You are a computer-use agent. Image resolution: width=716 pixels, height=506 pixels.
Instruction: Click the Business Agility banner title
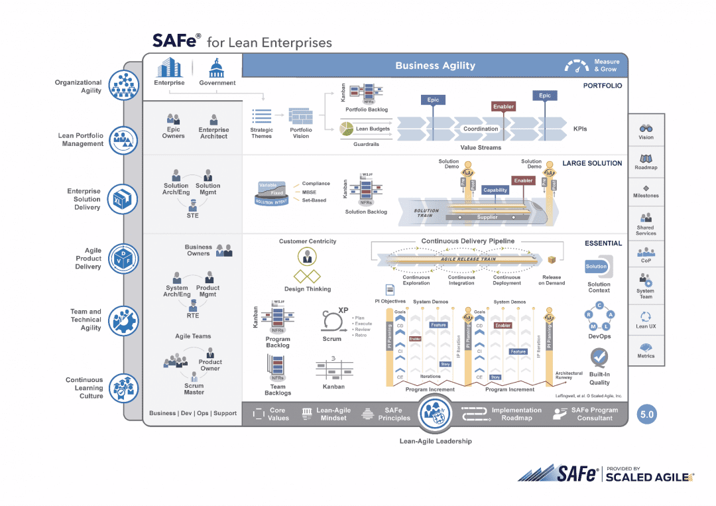(x=435, y=65)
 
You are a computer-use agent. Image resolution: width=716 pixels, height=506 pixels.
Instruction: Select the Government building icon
(x=217, y=68)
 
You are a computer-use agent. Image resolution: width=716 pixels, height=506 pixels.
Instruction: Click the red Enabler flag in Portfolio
(x=504, y=106)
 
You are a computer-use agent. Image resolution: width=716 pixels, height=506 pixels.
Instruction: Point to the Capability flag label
(x=495, y=190)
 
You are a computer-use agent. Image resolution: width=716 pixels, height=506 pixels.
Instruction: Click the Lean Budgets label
(x=372, y=129)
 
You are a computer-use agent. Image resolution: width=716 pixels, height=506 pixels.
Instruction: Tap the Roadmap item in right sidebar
(x=646, y=162)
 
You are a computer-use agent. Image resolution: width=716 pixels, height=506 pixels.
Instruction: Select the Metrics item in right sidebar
(x=646, y=350)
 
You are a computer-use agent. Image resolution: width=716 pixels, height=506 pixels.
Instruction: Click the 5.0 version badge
(x=646, y=414)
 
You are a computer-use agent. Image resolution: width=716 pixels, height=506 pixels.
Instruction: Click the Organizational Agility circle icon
(x=123, y=86)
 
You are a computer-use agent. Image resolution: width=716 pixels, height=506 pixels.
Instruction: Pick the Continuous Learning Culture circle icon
(x=123, y=389)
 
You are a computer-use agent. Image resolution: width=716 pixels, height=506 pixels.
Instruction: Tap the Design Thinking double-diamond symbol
(x=307, y=276)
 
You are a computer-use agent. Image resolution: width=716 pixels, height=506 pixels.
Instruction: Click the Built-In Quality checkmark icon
(x=600, y=358)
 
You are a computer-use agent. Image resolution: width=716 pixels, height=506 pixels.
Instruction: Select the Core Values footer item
(x=270, y=414)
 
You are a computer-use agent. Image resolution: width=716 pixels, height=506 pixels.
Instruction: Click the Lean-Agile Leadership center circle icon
(x=436, y=413)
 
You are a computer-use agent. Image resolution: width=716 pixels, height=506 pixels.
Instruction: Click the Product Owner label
(x=210, y=365)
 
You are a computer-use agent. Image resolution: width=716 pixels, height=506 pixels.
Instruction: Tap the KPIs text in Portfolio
(x=580, y=129)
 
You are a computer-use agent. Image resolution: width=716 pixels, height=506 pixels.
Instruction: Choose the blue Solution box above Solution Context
(x=596, y=267)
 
